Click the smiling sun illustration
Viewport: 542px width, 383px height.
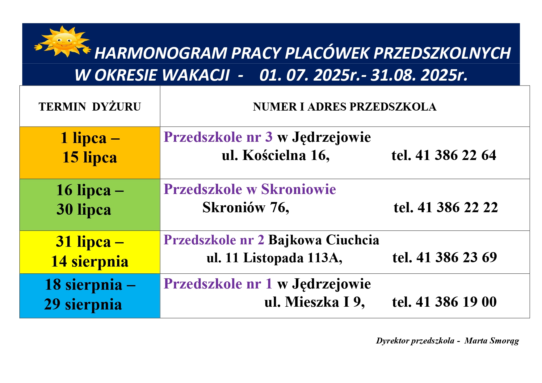(x=63, y=41)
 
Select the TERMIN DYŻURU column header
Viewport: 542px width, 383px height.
(x=90, y=107)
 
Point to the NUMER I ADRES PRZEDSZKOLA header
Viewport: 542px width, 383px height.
(x=345, y=107)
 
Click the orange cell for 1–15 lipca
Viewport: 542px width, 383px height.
(x=90, y=153)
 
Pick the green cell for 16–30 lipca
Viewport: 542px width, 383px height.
(x=90, y=205)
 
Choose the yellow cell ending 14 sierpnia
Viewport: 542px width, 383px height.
(x=90, y=252)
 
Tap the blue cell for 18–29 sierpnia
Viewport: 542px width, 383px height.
(x=90, y=296)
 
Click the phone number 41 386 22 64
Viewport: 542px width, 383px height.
(x=456, y=155)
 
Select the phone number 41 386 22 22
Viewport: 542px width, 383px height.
(x=458, y=207)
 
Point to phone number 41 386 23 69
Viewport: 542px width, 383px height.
(x=457, y=257)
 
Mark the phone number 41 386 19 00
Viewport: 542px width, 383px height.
(x=456, y=302)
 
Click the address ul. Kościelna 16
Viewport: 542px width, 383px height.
(x=276, y=155)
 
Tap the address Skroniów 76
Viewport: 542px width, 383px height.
(x=246, y=208)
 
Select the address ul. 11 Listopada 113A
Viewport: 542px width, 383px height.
(x=275, y=258)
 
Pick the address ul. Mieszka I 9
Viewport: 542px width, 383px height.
(x=315, y=302)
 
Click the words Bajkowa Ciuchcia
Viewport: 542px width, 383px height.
(x=324, y=240)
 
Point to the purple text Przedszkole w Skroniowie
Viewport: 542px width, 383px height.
(x=250, y=189)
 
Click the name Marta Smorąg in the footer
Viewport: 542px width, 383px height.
(x=492, y=341)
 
